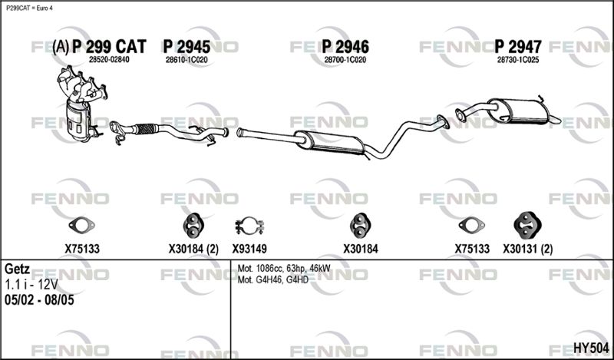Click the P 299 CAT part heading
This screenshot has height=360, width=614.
[x=109, y=47]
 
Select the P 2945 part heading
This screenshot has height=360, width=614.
[x=187, y=47]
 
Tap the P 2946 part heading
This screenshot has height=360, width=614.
[x=345, y=47]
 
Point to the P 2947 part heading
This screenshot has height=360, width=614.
[x=518, y=47]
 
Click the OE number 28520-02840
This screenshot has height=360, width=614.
[x=109, y=60]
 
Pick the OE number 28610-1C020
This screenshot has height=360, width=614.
[x=187, y=60]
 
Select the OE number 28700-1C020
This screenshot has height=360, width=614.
[x=345, y=60]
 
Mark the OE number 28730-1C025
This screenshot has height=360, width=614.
[x=518, y=60]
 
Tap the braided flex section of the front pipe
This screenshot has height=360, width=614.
[x=145, y=128]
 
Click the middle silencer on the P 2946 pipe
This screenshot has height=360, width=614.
[x=330, y=142]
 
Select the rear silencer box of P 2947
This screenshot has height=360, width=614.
[x=517, y=111]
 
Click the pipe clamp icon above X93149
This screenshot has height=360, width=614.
[x=249, y=226]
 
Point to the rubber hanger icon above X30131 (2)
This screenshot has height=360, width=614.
[x=527, y=225]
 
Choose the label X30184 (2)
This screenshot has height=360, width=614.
[x=193, y=249]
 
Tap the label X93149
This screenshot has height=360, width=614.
[x=249, y=249]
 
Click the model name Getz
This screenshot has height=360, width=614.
[x=17, y=269]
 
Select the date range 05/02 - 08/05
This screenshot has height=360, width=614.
[x=39, y=300]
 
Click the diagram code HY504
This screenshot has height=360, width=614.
[x=591, y=348]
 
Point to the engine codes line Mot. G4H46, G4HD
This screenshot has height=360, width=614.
[x=273, y=279]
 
